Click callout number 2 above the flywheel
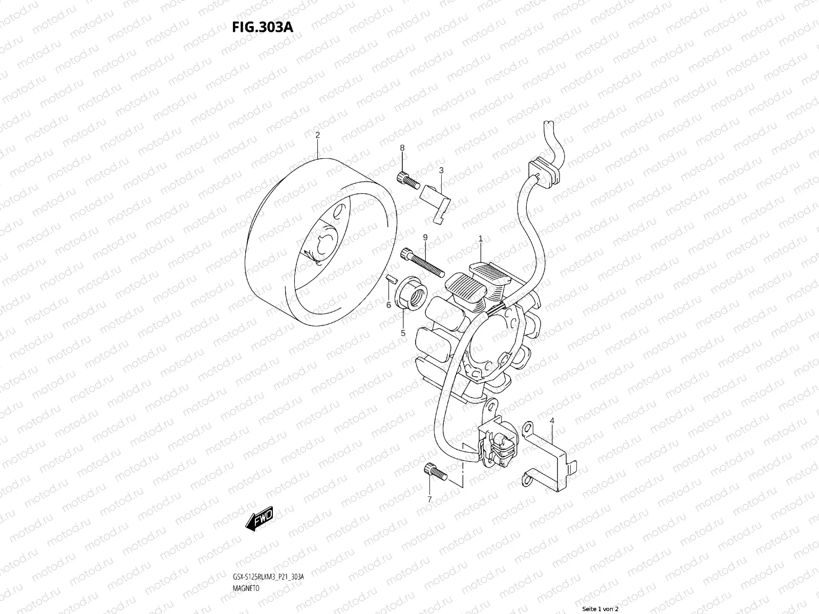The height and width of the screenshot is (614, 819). tap(317, 121)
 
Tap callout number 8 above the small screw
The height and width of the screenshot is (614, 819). tap(402, 148)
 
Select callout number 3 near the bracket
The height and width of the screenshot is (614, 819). tap(441, 170)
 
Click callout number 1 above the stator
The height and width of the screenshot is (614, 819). tap(481, 238)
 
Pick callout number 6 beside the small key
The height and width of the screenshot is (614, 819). tap(389, 305)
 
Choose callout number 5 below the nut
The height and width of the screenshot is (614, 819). tap(403, 333)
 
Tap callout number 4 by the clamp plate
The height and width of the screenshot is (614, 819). tap(552, 421)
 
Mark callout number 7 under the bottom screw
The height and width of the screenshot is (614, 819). tap(429, 499)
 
